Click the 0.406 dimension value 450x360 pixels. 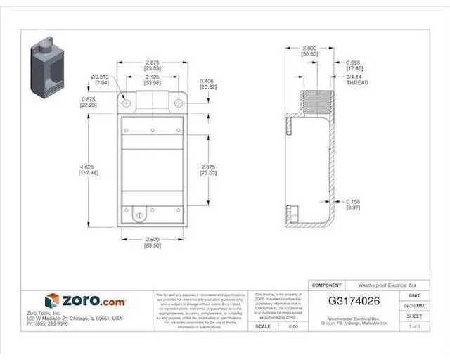click(207, 83)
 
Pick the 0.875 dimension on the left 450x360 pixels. click(89, 103)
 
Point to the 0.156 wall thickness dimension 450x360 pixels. click(354, 204)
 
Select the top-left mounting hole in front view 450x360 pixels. click(127, 103)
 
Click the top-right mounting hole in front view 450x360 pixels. click(177, 103)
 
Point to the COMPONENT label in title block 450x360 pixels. click(326, 285)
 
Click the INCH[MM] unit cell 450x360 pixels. click(414, 306)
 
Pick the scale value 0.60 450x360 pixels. click(294, 326)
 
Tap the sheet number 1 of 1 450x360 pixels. click(414, 326)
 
